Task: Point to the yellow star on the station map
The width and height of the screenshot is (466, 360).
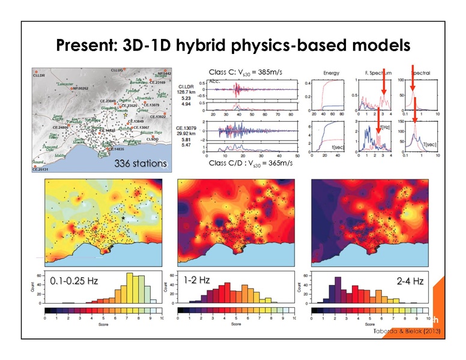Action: [x=125, y=104]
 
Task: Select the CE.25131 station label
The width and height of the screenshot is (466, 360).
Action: [x=42, y=170]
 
